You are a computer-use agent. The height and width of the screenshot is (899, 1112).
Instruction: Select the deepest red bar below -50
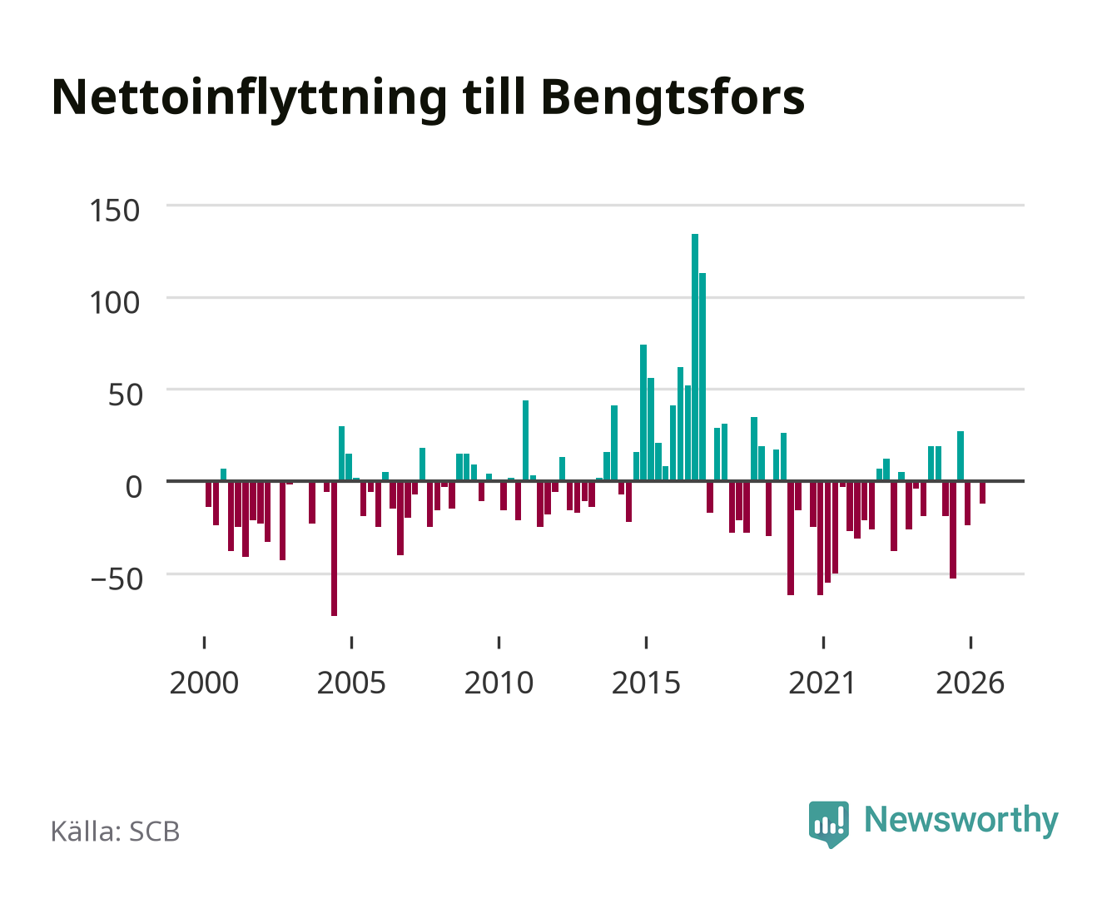(334, 549)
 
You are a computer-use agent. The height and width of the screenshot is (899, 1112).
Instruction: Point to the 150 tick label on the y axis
(114, 211)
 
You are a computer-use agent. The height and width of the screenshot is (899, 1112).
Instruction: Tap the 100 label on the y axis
(114, 302)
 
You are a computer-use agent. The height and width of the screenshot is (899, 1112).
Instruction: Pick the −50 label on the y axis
(117, 579)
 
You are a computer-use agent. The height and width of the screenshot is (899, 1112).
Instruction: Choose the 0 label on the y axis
(134, 487)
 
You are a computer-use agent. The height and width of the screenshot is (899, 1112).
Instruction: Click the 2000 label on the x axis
(204, 683)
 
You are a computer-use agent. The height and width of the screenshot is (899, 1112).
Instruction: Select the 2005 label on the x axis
(351, 683)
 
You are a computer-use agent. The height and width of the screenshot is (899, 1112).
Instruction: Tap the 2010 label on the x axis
(499, 683)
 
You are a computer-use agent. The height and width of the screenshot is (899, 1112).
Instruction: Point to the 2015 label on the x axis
(646, 683)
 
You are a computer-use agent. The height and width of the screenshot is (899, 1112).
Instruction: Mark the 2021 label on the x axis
(822, 683)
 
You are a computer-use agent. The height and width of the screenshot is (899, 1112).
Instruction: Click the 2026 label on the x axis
(970, 683)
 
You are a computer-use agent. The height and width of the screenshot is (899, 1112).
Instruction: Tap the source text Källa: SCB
(115, 832)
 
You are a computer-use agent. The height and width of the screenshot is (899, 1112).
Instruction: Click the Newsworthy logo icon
(828, 824)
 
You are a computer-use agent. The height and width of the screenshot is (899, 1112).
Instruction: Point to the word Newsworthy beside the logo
(961, 821)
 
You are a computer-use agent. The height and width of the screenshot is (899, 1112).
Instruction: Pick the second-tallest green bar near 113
(702, 376)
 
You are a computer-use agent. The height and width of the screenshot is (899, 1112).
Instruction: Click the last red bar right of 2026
(982, 492)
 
